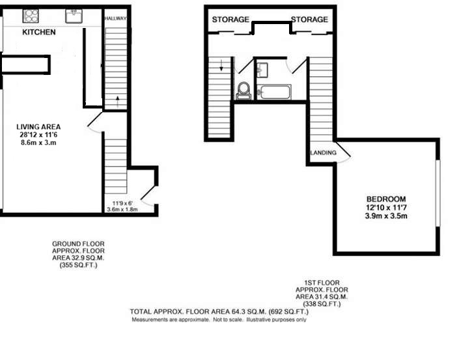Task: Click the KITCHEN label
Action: [x=39, y=32]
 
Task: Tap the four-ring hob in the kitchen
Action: [x=31, y=16]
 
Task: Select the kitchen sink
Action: [x=74, y=16]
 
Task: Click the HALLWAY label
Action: [x=116, y=18]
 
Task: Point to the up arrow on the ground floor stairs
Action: [x=117, y=100]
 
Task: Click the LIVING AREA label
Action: [x=38, y=127]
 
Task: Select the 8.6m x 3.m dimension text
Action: [x=38, y=143]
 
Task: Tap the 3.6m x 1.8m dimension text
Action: [x=122, y=209]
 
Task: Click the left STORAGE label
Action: [x=230, y=20]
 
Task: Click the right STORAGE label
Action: [x=309, y=20]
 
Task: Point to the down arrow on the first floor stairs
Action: [x=221, y=65]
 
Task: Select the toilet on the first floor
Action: [x=244, y=90]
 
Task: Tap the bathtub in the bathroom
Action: [x=274, y=92]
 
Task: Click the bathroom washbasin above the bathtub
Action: [x=263, y=70]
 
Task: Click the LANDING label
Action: [x=324, y=152]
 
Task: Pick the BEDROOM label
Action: [x=386, y=199]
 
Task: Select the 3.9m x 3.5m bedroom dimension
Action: [x=386, y=216]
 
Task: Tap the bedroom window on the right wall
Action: [x=438, y=193]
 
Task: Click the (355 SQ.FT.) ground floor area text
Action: [x=79, y=265]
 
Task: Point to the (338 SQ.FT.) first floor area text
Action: [x=322, y=304]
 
